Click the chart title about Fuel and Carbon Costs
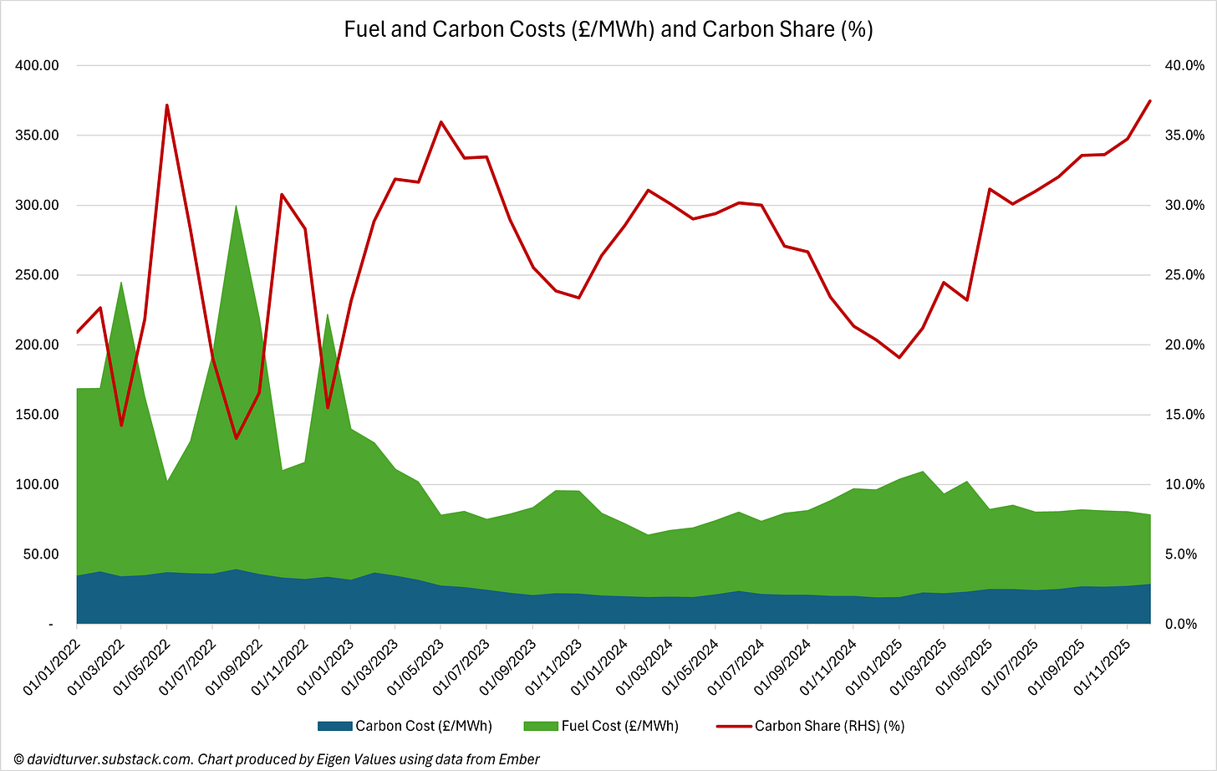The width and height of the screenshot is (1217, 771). pos(608,29)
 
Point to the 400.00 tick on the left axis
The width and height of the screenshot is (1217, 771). pos(34,65)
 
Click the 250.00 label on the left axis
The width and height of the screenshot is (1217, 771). pos(34,275)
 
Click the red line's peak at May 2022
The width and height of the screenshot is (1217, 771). pos(167,105)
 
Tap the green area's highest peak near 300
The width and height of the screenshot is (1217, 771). pos(236,205)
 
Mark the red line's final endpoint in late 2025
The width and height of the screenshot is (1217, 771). pos(1150,100)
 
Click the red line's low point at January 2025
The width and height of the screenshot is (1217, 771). pos(899,358)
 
